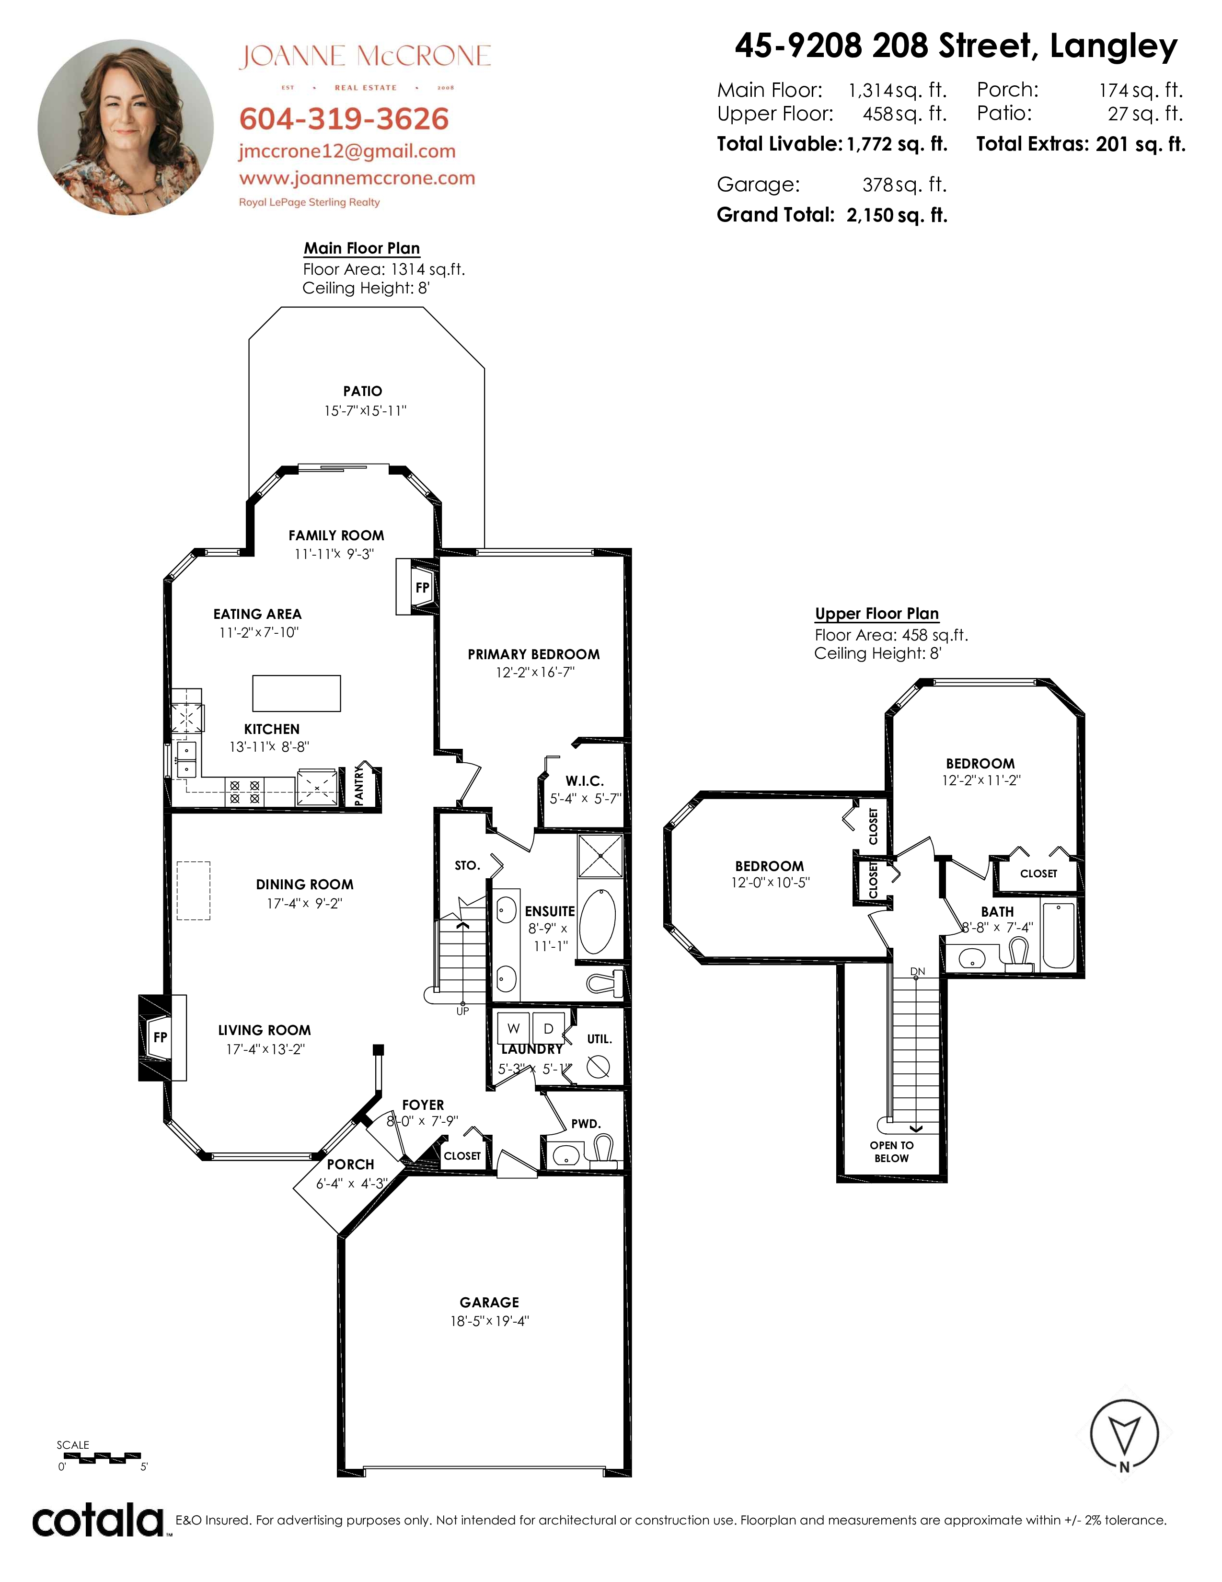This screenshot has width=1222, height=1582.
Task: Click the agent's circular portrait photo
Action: tap(126, 127)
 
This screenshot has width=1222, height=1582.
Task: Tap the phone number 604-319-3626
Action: tap(344, 119)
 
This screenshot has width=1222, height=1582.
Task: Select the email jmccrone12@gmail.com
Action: tap(347, 151)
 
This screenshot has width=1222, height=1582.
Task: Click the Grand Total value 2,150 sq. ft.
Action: tap(897, 215)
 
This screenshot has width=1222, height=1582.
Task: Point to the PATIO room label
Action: tap(363, 391)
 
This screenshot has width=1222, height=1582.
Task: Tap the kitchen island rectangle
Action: tap(296, 693)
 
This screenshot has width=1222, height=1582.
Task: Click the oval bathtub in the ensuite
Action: tap(598, 920)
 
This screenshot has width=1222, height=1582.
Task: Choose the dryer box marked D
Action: tap(548, 1029)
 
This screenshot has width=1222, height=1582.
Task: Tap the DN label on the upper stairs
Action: tap(917, 971)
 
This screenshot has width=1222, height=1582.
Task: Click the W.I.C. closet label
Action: tap(584, 781)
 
